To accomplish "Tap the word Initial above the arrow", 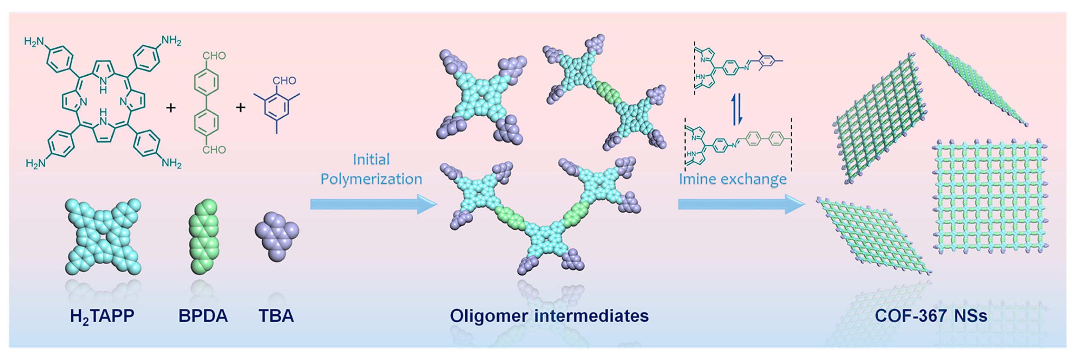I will pos(371,159).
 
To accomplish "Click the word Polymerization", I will pos(371,179).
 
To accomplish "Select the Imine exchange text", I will pos(733,179).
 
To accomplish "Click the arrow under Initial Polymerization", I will pos(373,204).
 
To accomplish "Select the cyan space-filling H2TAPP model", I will pos(103,236).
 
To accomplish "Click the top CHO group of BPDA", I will pos(214,56).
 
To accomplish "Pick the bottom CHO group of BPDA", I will pos(214,150).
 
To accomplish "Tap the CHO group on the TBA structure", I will pos(284,80).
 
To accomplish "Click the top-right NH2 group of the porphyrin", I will pos(171,41).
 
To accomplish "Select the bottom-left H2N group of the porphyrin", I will pos(36,163).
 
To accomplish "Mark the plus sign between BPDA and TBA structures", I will pos(240,108).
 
